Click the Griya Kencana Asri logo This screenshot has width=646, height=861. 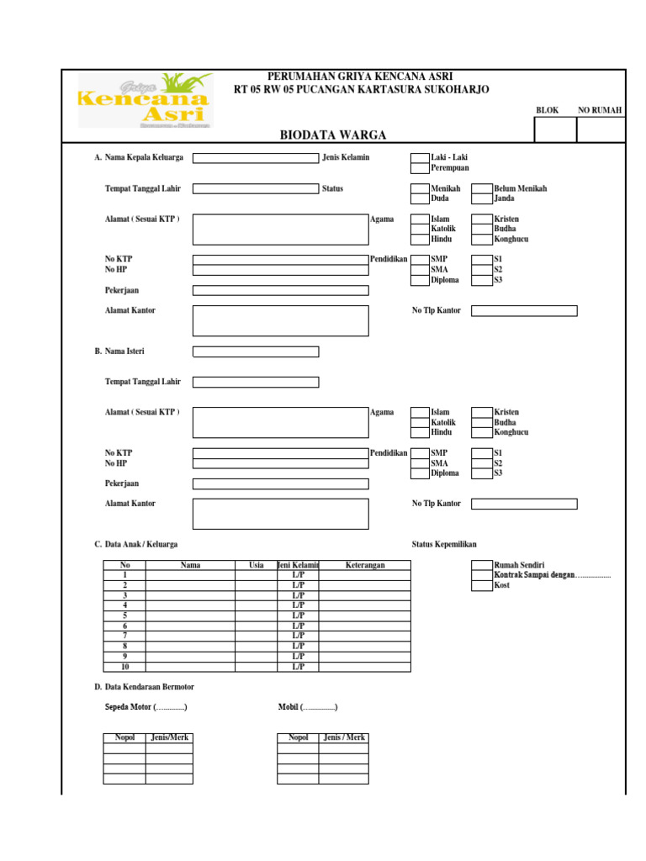pyautogui.click(x=145, y=100)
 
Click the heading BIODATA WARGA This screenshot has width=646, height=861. pyautogui.click(x=333, y=135)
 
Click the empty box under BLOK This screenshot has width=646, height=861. pyautogui.click(x=555, y=129)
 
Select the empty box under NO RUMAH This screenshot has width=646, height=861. pyautogui.click(x=601, y=129)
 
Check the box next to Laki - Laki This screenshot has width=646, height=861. pyautogui.click(x=420, y=157)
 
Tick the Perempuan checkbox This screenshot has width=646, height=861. pyautogui.click(x=420, y=167)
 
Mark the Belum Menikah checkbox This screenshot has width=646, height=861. pyautogui.click(x=481, y=188)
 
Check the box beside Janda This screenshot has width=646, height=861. pyautogui.click(x=481, y=198)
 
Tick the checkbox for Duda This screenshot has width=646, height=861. pyautogui.click(x=420, y=198)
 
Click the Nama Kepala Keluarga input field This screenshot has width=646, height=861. pyautogui.click(x=256, y=157)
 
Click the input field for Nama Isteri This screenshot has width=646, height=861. pyautogui.click(x=256, y=351)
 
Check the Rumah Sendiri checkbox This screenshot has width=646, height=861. pyautogui.click(x=481, y=565)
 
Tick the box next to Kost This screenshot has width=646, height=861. pyautogui.click(x=481, y=585)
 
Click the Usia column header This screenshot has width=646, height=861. pyautogui.click(x=257, y=565)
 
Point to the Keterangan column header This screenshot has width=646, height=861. pyautogui.click(x=365, y=565)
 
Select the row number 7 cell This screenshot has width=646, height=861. pyautogui.click(x=124, y=636)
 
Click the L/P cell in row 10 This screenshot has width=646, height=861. pyautogui.click(x=298, y=667)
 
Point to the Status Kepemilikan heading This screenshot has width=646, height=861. pyautogui.click(x=450, y=544)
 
